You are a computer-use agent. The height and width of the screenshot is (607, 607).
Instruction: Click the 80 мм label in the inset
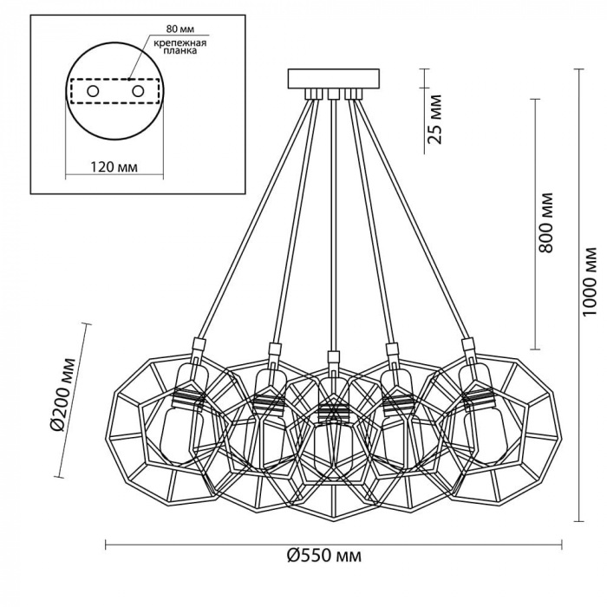click(x=180, y=29)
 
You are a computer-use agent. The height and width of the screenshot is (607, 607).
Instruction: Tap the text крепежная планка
click(x=180, y=47)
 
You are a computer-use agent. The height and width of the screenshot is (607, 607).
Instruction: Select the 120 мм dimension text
click(x=114, y=166)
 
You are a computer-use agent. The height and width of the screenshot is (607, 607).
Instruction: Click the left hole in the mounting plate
click(x=93, y=91)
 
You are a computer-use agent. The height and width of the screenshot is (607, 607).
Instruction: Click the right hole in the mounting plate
click(x=138, y=91)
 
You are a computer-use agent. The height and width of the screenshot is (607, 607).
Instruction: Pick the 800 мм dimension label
click(x=545, y=223)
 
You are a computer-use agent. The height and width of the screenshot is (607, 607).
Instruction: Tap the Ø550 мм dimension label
click(x=324, y=556)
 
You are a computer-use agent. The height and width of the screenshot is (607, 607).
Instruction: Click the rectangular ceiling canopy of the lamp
click(x=334, y=79)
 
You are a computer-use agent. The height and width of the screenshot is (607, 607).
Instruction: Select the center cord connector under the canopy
click(x=333, y=94)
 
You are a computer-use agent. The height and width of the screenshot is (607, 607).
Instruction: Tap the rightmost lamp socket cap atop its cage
click(x=468, y=344)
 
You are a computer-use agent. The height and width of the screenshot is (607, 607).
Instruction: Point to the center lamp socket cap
click(x=333, y=357)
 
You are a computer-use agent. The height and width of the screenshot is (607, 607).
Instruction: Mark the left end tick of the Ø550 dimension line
click(x=106, y=545)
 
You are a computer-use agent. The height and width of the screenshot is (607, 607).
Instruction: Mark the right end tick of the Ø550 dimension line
click(x=562, y=545)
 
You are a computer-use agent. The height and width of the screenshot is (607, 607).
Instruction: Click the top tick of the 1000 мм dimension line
click(x=578, y=69)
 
